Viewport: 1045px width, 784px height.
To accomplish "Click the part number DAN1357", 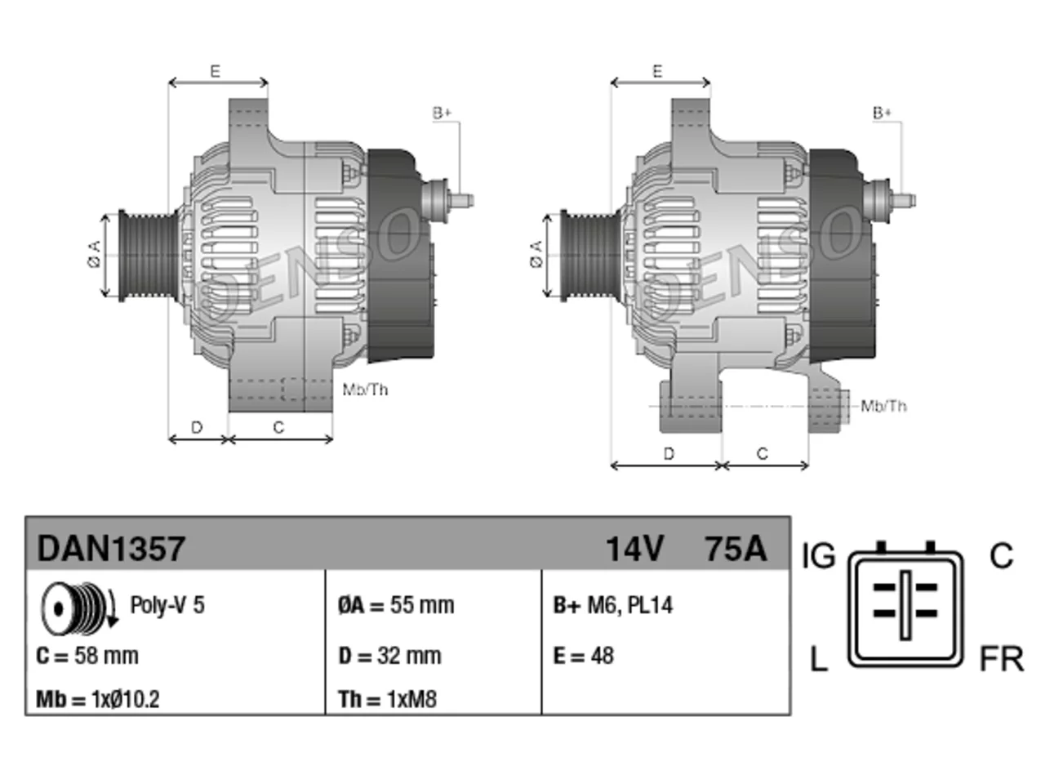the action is click(x=111, y=549).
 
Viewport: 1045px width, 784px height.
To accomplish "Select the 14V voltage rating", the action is click(x=634, y=549).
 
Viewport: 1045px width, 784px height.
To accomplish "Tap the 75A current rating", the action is click(x=736, y=549).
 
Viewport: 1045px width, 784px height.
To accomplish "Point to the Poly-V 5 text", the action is click(x=167, y=605).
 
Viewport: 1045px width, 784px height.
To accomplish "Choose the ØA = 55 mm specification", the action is click(x=396, y=605).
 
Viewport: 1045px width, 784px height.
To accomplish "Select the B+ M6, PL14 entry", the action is click(x=613, y=605).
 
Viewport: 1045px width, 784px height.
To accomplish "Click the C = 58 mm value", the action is click(x=87, y=656).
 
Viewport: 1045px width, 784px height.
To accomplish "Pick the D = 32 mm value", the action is click(x=390, y=656).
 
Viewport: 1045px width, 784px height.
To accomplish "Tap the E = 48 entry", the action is click(x=584, y=656).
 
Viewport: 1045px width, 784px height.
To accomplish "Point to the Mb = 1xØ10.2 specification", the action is click(x=98, y=699).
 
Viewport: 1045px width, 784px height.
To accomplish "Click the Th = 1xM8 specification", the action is click(x=388, y=699).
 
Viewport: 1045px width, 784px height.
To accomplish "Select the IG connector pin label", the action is click(x=818, y=556).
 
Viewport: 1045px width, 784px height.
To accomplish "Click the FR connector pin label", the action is click(x=1001, y=659).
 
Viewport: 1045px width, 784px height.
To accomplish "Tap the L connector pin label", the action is click(x=819, y=659).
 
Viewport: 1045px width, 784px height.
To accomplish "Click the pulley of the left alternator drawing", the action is click(x=149, y=255).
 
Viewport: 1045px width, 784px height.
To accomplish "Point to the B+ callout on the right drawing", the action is click(x=882, y=114).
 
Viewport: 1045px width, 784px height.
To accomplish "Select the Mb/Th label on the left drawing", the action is click(x=365, y=390).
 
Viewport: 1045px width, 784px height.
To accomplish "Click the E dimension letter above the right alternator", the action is click(x=657, y=71).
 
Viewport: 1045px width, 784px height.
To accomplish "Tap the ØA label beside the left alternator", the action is click(x=95, y=254).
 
